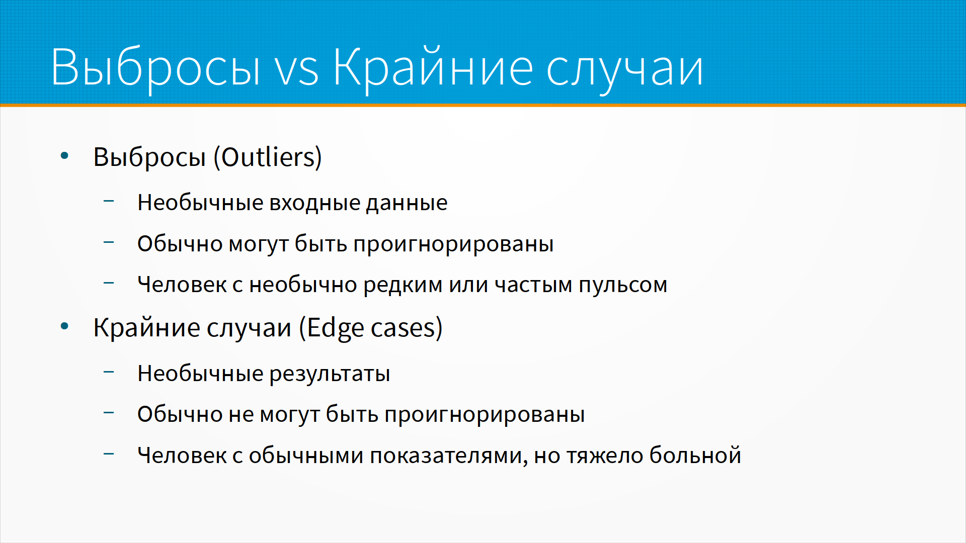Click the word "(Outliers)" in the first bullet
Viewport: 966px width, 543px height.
click(x=268, y=157)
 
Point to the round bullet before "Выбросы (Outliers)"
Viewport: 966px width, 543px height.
click(x=64, y=156)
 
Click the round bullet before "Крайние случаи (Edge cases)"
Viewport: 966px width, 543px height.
click(x=64, y=327)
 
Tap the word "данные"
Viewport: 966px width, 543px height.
click(x=407, y=203)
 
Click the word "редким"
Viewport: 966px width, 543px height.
click(x=403, y=285)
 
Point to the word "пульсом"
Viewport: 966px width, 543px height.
click(x=623, y=285)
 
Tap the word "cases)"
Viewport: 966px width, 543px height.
click(x=407, y=328)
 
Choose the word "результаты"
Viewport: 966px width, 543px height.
click(x=330, y=374)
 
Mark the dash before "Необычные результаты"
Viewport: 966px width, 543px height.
click(x=109, y=372)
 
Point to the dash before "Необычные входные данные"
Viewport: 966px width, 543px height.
click(x=109, y=201)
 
